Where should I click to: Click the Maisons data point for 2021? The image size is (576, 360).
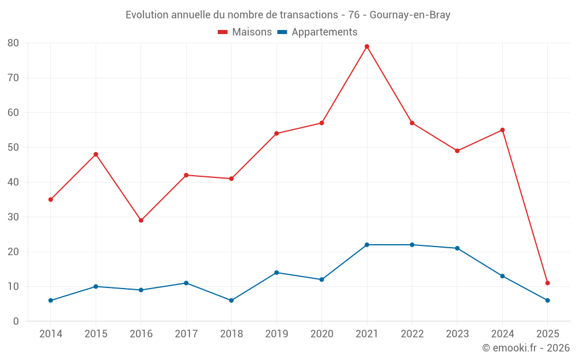pyautogui.click(x=367, y=47)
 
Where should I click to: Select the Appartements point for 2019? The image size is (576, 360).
pyautogui.click(x=276, y=272)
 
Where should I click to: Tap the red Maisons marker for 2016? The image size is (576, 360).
pyautogui.click(x=141, y=220)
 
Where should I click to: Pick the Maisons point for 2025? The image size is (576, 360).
pyautogui.click(x=548, y=283)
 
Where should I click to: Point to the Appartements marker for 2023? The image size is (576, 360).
pyautogui.click(x=457, y=248)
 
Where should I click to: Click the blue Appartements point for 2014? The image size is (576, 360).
pyautogui.click(x=51, y=300)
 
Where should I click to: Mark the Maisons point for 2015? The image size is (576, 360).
pyautogui.click(x=96, y=154)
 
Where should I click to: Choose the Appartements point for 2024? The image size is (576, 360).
pyautogui.click(x=502, y=276)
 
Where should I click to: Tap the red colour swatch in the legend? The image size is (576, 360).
pyautogui.click(x=223, y=32)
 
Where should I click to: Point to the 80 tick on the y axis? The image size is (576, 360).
pyautogui.click(x=13, y=43)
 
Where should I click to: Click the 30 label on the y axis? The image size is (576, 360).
pyautogui.click(x=13, y=217)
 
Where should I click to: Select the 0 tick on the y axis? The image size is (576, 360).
pyautogui.click(x=16, y=321)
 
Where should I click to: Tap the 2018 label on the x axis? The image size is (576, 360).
pyautogui.click(x=232, y=334)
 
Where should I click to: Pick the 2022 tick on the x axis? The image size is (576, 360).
pyautogui.click(x=412, y=334)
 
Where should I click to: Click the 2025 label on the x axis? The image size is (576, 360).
pyautogui.click(x=548, y=334)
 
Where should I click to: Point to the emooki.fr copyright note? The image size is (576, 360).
pyautogui.click(x=526, y=348)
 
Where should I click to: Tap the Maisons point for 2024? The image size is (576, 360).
pyautogui.click(x=502, y=130)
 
